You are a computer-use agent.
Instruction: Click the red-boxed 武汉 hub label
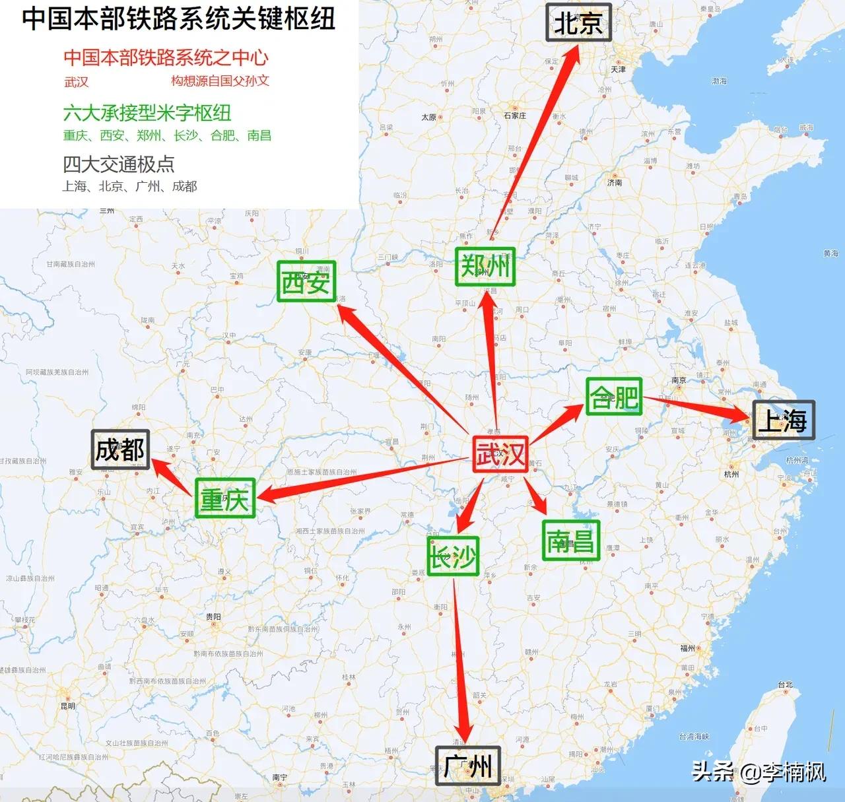pyautogui.click(x=500, y=454)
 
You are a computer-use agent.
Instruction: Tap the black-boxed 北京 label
pyautogui.click(x=578, y=22)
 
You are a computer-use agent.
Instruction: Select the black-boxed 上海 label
pyautogui.click(x=784, y=420)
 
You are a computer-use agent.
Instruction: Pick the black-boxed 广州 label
pyautogui.click(x=467, y=766)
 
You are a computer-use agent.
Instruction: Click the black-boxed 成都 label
pyautogui.click(x=120, y=450)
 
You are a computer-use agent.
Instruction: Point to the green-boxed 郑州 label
pyautogui.click(x=485, y=266)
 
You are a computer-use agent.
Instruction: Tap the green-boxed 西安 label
pyautogui.click(x=306, y=281)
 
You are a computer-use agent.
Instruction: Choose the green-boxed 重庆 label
pyautogui.click(x=225, y=498)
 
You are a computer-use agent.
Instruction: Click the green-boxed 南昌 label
pyautogui.click(x=571, y=541)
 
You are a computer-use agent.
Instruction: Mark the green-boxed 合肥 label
pyautogui.click(x=614, y=397)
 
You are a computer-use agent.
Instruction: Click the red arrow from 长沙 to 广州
pyautogui.click(x=460, y=660)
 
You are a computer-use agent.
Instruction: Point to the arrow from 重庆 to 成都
pyautogui.click(x=174, y=477)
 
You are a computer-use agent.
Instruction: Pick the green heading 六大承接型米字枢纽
pyautogui.click(x=147, y=113)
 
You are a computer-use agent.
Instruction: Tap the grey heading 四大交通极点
pyautogui.click(x=119, y=164)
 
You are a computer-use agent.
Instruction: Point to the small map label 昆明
pyautogui.click(x=68, y=706)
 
